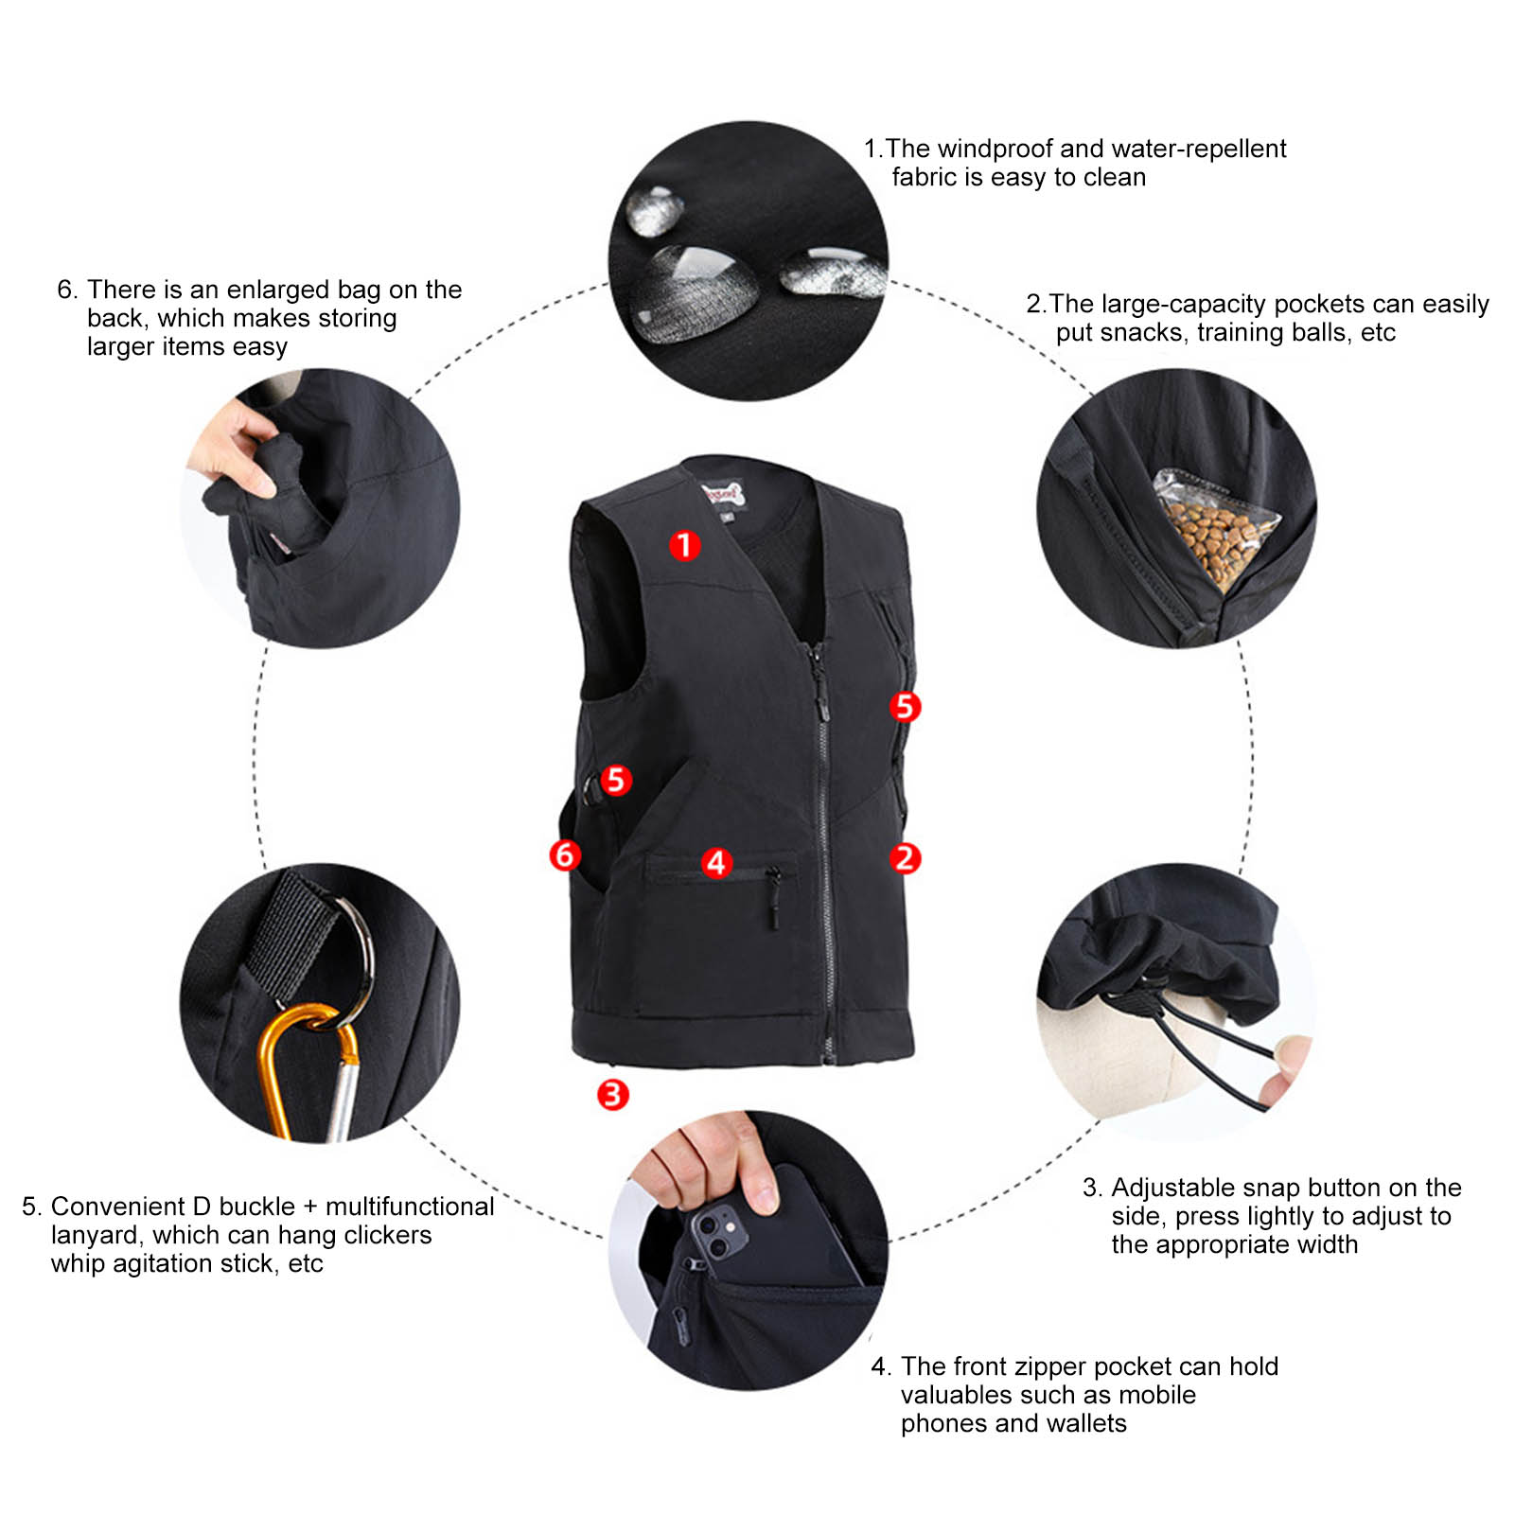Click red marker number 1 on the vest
(684, 545)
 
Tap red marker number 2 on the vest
(905, 858)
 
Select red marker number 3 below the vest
(612, 1095)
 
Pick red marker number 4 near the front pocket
(716, 862)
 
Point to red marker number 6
(565, 854)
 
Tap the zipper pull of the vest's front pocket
(773, 904)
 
